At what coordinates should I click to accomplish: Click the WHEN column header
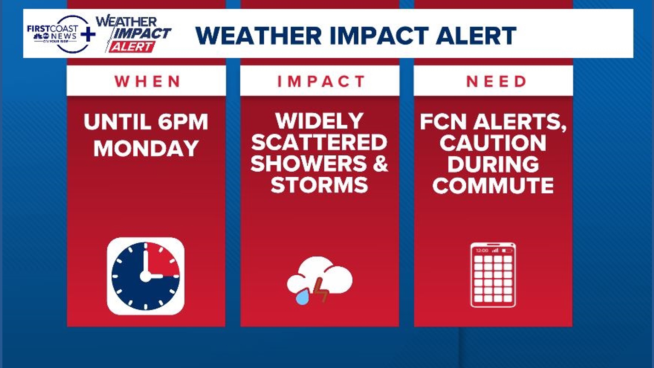click(147, 81)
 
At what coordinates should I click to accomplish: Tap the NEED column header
click(496, 81)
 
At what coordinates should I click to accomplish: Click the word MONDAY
click(146, 149)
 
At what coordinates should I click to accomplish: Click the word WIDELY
click(320, 121)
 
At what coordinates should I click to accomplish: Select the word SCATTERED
click(320, 142)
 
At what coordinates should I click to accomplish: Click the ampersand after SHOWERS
click(380, 164)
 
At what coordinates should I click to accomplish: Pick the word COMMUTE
click(493, 186)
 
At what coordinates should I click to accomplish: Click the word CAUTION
click(493, 143)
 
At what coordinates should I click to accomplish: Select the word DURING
click(493, 164)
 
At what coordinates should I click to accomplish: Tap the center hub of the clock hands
click(145, 276)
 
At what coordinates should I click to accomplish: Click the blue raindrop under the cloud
click(302, 297)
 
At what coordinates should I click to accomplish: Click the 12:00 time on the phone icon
click(482, 250)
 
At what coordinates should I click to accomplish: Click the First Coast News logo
click(56, 34)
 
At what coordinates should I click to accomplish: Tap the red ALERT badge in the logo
click(132, 47)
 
